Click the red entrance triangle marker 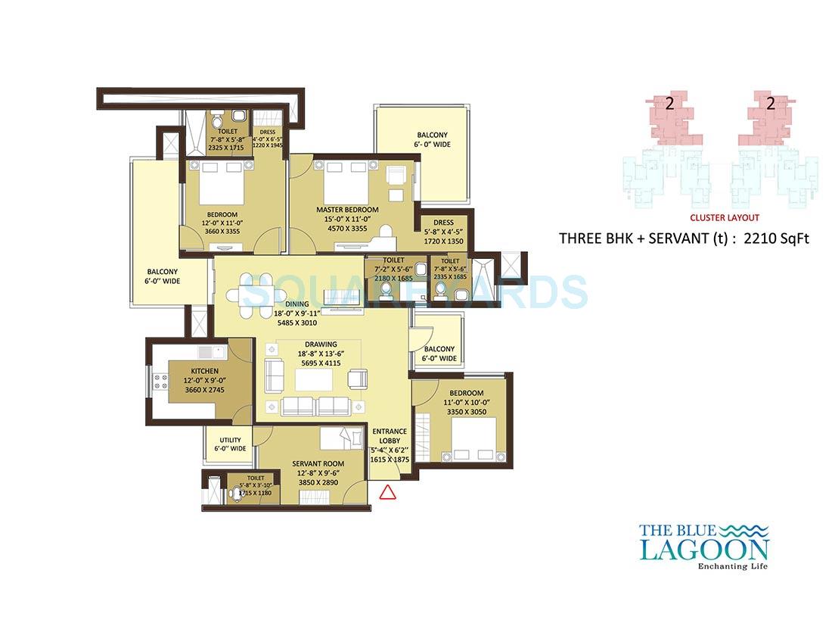pyautogui.click(x=387, y=493)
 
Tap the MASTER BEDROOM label pyautogui.click(x=348, y=210)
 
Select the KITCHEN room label pyautogui.click(x=204, y=371)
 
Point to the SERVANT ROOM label pyautogui.click(x=318, y=463)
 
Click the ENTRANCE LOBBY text pyautogui.click(x=390, y=437)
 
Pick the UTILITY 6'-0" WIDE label pyautogui.click(x=230, y=444)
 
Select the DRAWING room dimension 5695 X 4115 pyautogui.click(x=321, y=363)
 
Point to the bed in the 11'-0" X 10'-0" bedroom pyautogui.click(x=474, y=438)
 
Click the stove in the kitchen pyautogui.click(x=161, y=381)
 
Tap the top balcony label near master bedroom pyautogui.click(x=431, y=139)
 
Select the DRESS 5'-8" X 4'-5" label pyautogui.click(x=443, y=228)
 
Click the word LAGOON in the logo pyautogui.click(x=703, y=549)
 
